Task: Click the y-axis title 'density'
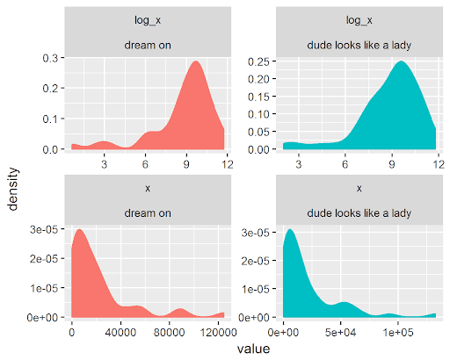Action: pyautogui.click(x=13, y=189)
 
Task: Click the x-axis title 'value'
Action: pyautogui.click(x=253, y=349)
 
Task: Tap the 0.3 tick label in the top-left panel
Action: pyautogui.click(x=50, y=58)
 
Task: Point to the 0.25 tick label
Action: pyautogui.click(x=258, y=61)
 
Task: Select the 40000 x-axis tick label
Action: pyautogui.click(x=120, y=333)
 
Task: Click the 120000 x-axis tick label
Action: pyautogui.click(x=218, y=333)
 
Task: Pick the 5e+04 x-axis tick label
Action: pyautogui.click(x=340, y=333)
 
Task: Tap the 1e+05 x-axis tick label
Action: pyautogui.click(x=397, y=333)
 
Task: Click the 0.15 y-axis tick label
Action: pyautogui.click(x=258, y=97)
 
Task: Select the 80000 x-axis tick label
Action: pyautogui.click(x=169, y=333)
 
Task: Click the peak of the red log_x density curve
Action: pyautogui.click(x=196, y=61)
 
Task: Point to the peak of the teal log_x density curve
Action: pyautogui.click(x=401, y=61)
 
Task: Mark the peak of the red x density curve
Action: pyautogui.click(x=79, y=229)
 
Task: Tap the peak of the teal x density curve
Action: pyautogui.click(x=290, y=229)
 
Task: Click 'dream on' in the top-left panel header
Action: pyautogui.click(x=148, y=46)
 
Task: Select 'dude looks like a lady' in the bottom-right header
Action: pyautogui.click(x=359, y=213)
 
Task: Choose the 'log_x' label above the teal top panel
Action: pyautogui.click(x=359, y=20)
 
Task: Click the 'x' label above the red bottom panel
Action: pyautogui.click(x=148, y=189)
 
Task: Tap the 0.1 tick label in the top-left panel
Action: pyautogui.click(x=50, y=119)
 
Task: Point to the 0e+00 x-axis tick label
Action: pyautogui.click(x=283, y=333)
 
